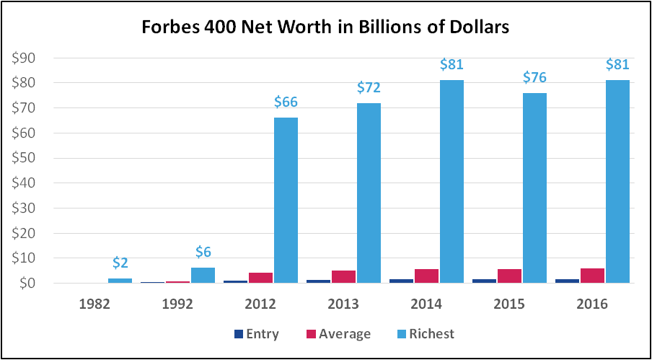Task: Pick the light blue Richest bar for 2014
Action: coord(451,181)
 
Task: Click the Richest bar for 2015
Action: coord(534,188)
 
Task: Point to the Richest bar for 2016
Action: coord(617,181)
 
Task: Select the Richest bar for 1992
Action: coord(203,275)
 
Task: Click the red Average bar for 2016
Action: coord(593,276)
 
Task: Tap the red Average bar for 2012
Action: coord(261,278)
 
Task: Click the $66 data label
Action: coord(286,102)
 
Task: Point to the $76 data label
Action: coord(534,77)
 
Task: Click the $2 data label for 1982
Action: coord(120,263)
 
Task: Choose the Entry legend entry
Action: coord(259,334)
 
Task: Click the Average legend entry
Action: coord(341,334)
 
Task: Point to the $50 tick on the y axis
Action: coord(28,158)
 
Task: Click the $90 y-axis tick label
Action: coord(28,58)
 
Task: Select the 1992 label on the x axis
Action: coord(178,304)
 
